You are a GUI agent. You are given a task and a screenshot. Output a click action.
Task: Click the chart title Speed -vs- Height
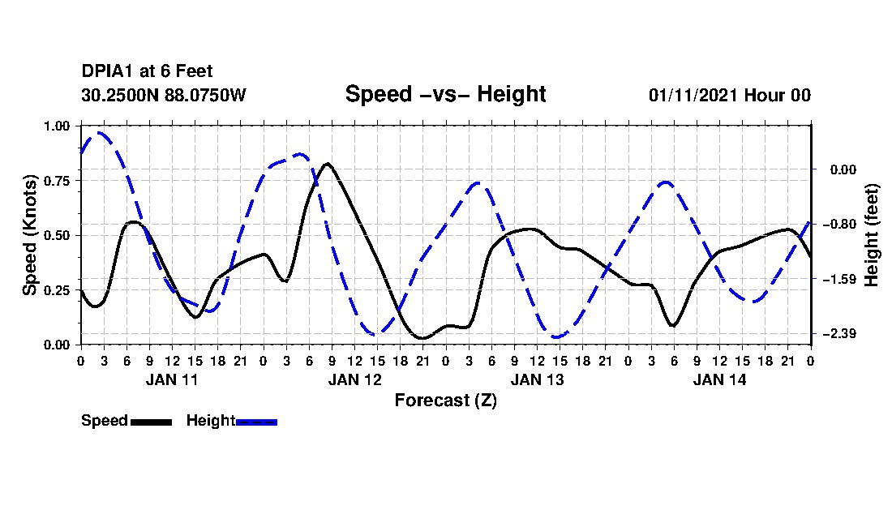pyautogui.click(x=445, y=94)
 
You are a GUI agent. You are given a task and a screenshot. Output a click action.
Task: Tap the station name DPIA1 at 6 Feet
pyautogui.click(x=147, y=71)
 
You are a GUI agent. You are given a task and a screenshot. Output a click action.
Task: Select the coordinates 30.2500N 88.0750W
pyautogui.click(x=163, y=95)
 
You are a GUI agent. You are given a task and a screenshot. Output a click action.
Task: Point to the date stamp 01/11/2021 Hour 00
pyautogui.click(x=729, y=95)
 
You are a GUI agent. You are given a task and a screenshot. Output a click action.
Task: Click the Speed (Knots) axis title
pyautogui.click(x=30, y=235)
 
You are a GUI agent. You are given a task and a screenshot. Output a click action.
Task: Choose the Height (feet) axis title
pyautogui.click(x=873, y=235)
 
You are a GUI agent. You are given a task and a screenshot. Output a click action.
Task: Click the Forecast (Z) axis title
pyautogui.click(x=445, y=400)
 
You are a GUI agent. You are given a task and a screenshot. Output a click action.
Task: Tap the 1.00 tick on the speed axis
pyautogui.click(x=57, y=126)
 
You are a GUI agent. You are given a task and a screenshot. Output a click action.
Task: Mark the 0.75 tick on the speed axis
pyautogui.click(x=57, y=181)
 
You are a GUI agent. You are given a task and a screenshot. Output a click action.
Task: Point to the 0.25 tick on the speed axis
pyautogui.click(x=57, y=290)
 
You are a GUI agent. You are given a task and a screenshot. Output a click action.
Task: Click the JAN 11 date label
pyautogui.click(x=172, y=379)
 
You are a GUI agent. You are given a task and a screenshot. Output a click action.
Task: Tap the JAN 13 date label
pyautogui.click(x=537, y=379)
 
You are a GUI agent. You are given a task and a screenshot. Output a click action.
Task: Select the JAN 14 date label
pyautogui.click(x=719, y=379)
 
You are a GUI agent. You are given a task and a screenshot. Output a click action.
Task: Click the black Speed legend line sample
pyautogui.click(x=151, y=422)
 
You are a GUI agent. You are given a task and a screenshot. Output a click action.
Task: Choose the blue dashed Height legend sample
pyautogui.click(x=256, y=422)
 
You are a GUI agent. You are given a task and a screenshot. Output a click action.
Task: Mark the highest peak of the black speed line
pyautogui.click(x=327, y=164)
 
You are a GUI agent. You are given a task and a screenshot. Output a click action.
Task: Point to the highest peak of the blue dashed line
pyautogui.click(x=99, y=132)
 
